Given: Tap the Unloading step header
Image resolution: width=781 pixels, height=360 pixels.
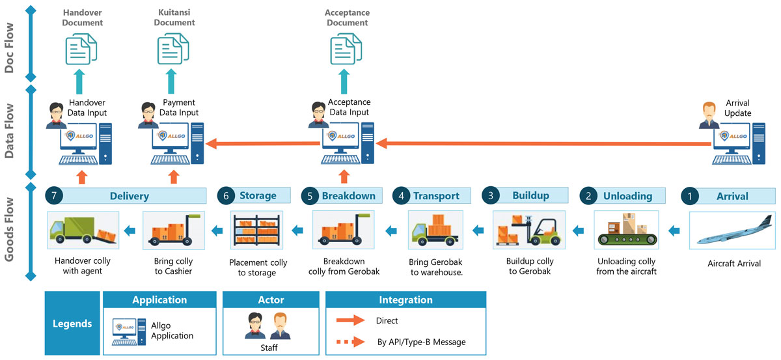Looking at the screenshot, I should [627, 196].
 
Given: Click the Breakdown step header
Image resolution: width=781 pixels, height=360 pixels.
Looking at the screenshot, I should [348, 196].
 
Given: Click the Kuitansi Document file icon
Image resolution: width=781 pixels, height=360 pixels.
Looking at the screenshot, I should [173, 48].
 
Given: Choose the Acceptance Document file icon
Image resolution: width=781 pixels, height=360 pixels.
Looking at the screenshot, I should [346, 48].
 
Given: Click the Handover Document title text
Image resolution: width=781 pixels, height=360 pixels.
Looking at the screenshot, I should [82, 18].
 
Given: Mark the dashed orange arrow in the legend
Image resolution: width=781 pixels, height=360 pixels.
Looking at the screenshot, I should [352, 341].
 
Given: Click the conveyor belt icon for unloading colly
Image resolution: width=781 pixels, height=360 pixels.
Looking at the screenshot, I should [627, 230].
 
